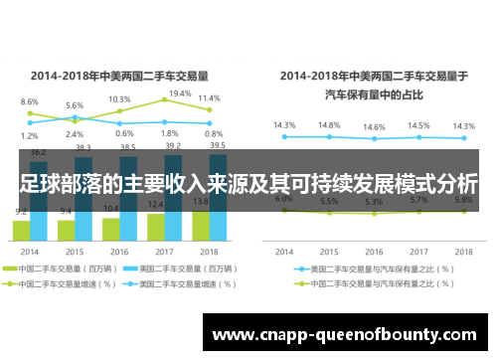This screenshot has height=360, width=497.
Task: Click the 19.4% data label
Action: click(x=180, y=93)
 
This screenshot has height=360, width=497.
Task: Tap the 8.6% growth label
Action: click(x=29, y=102)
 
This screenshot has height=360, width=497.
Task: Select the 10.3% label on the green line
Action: click(x=119, y=99)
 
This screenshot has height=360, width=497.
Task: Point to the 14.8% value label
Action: click(x=328, y=126)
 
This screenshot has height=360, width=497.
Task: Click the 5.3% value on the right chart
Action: click(x=374, y=202)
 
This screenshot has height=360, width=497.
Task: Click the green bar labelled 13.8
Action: click(x=199, y=228)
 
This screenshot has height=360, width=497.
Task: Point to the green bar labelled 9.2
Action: click(x=21, y=231)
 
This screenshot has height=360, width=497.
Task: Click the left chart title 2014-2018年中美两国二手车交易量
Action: click(x=118, y=75)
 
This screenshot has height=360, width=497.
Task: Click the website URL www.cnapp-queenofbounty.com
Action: click(x=348, y=334)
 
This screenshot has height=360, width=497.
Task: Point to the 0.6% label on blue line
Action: click(x=124, y=133)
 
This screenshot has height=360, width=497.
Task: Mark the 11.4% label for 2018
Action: click(x=209, y=98)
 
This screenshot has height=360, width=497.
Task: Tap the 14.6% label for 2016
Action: click(x=374, y=127)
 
